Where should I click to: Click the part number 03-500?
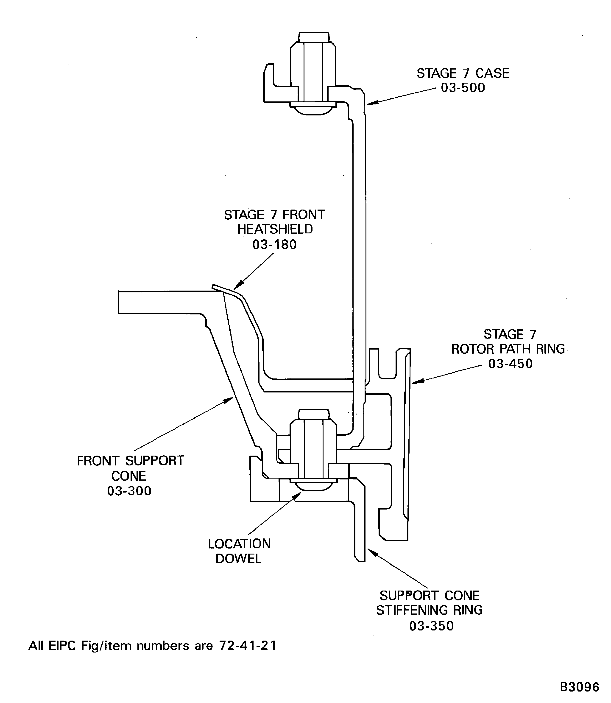pyautogui.click(x=463, y=88)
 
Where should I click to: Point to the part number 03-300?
pyautogui.click(x=129, y=491)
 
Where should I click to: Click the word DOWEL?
pyautogui.click(x=238, y=558)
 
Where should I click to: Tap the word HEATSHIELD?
pyautogui.click(x=275, y=229)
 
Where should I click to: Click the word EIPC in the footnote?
pyautogui.click(x=62, y=646)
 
